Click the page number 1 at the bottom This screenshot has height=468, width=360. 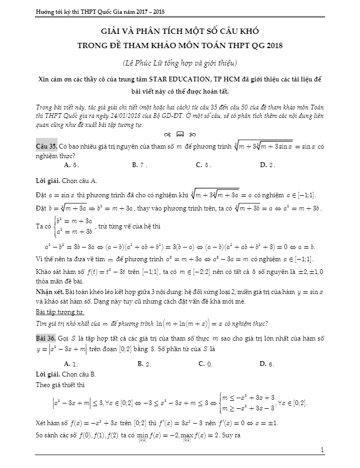tap(322, 449)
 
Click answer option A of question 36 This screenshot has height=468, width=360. tap(71, 363)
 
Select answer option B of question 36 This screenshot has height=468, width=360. tap(144, 363)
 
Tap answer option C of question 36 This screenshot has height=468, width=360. tap(205, 363)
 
